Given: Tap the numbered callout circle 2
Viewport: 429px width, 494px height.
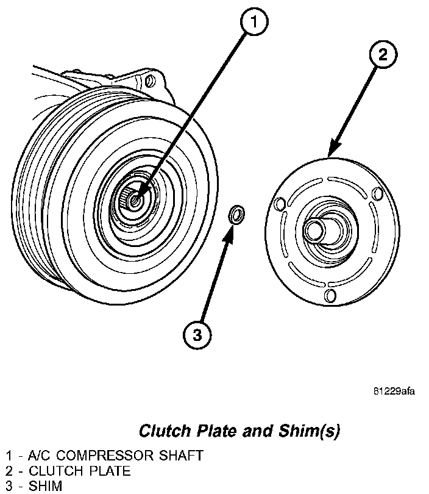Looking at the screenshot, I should pos(381,54).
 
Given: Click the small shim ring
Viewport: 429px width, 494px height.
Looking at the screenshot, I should pos(236,215).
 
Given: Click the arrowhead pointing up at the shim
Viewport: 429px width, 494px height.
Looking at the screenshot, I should pos(230,232).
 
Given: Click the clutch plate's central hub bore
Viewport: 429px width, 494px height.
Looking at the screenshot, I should pos(314,231).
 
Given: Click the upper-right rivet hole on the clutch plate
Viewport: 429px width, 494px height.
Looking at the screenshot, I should pos(377,194).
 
